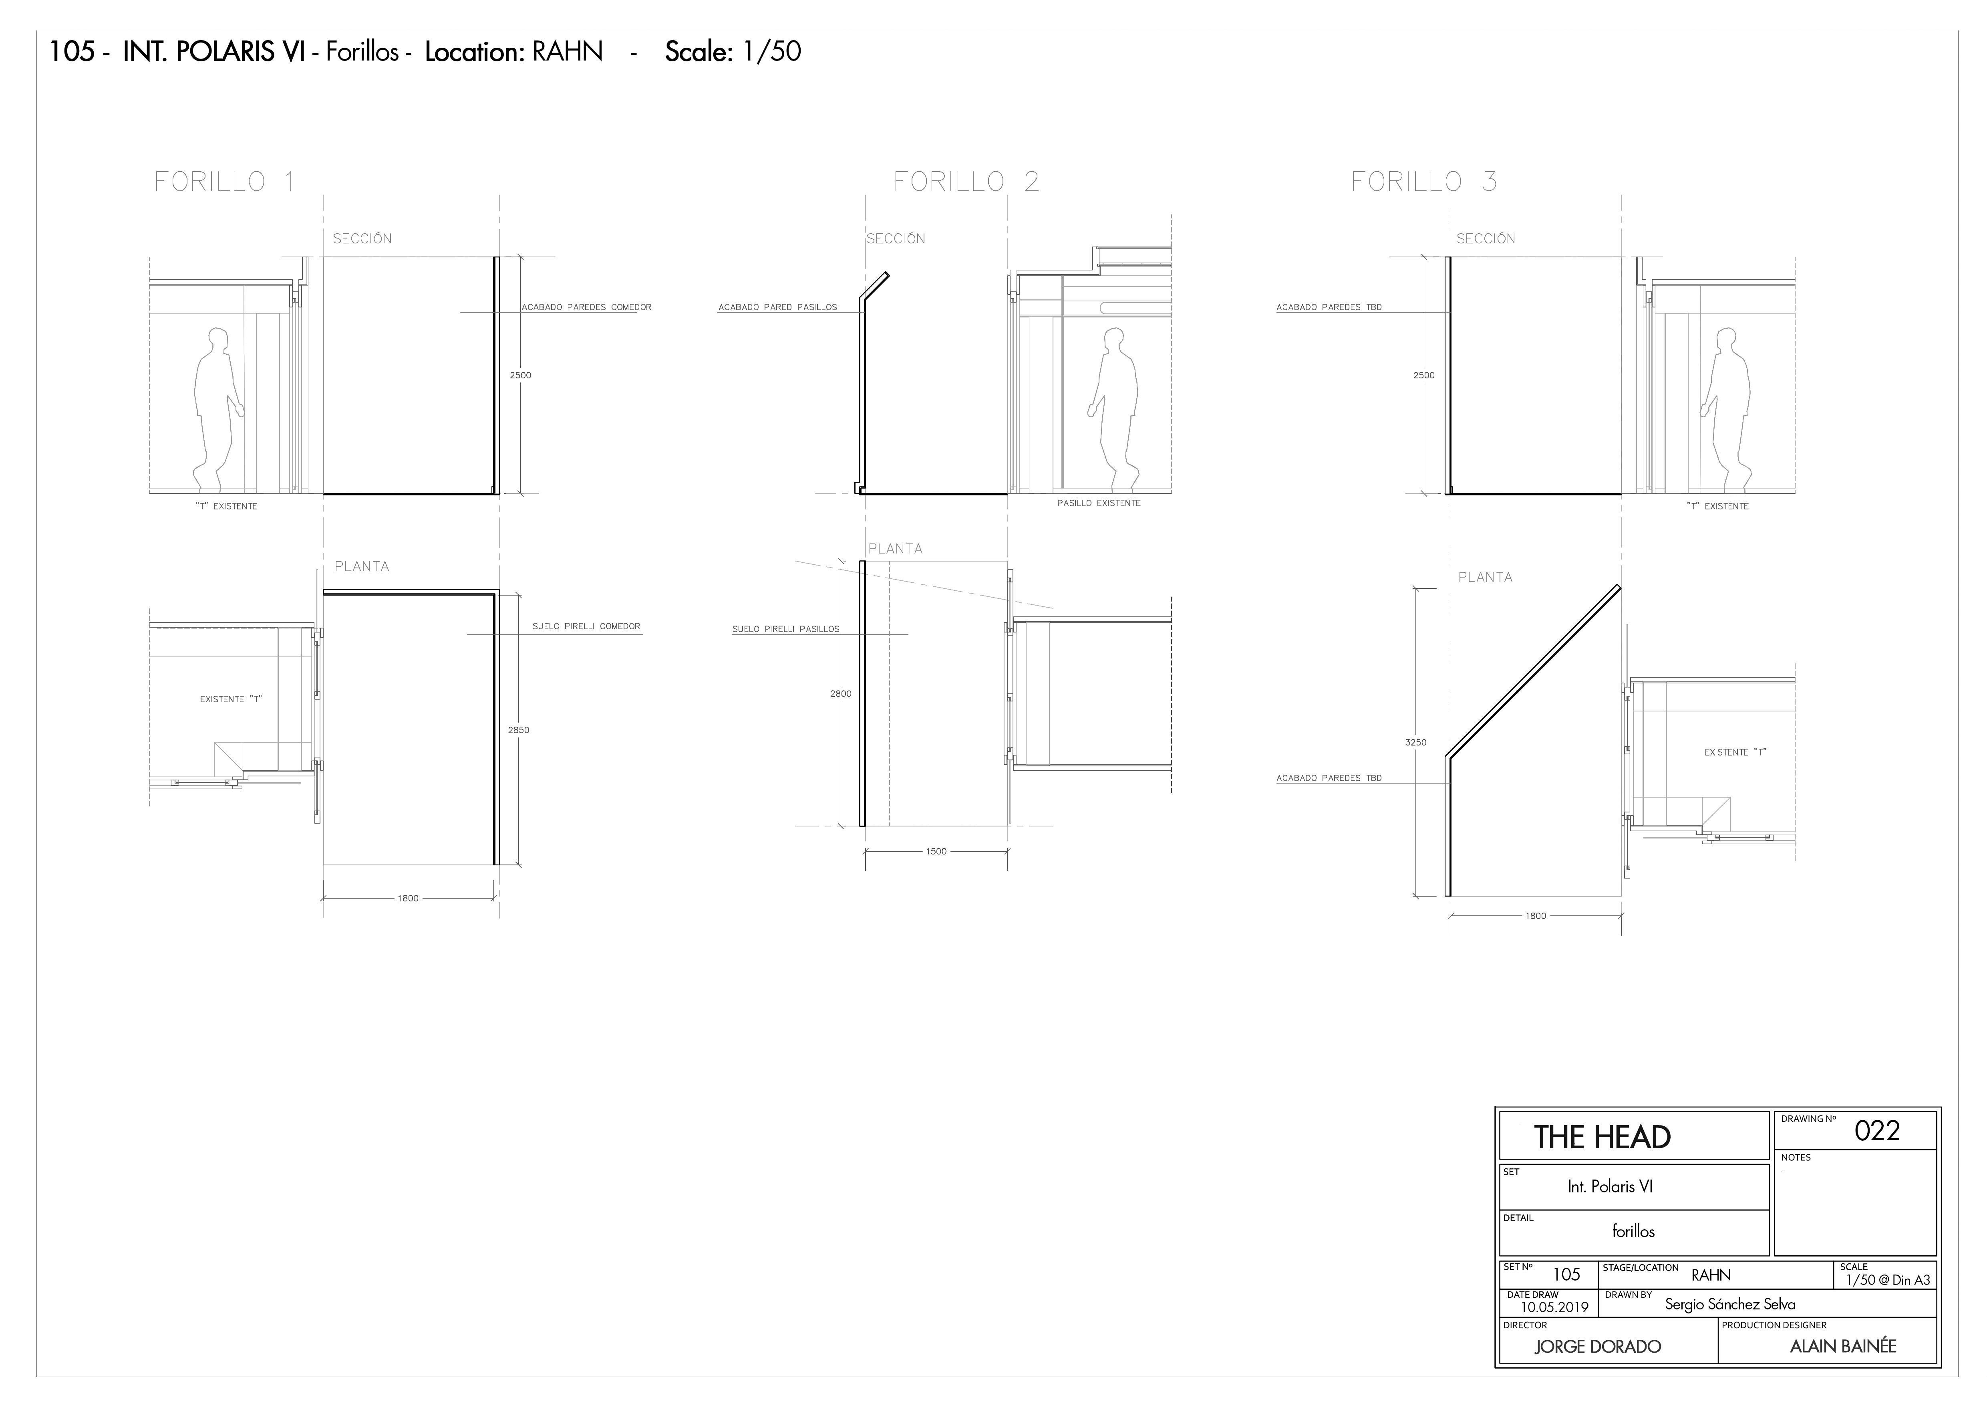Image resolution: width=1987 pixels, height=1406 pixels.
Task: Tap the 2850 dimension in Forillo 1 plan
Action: (x=518, y=730)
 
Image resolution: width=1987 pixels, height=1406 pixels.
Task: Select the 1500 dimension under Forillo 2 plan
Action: (x=936, y=851)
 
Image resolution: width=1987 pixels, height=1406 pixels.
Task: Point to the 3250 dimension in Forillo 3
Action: (x=1416, y=742)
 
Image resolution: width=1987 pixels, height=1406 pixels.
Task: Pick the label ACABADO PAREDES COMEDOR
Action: (x=586, y=307)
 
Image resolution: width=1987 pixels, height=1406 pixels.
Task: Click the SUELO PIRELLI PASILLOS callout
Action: (x=786, y=629)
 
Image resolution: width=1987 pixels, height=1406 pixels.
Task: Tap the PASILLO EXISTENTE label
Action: (x=1099, y=503)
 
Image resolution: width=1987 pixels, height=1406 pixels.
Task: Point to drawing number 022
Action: (x=1877, y=1131)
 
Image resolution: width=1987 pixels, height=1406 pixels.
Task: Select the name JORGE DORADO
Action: (x=1598, y=1346)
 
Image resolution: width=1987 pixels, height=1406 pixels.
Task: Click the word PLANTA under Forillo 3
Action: (x=1485, y=578)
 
